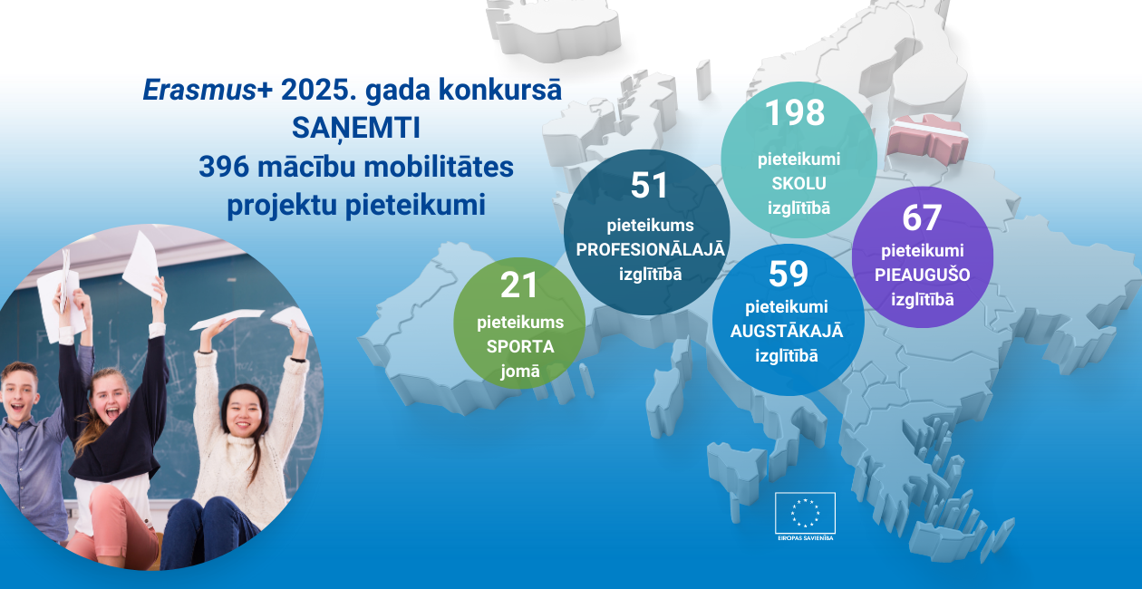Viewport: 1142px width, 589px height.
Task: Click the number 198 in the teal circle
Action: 795,112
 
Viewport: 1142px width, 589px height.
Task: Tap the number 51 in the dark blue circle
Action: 649,185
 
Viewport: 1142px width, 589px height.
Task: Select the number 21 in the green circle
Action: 519,285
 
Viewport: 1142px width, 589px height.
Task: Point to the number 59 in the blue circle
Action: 789,274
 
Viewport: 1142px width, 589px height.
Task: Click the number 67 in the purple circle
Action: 922,217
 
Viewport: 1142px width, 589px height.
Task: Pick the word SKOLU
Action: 798,183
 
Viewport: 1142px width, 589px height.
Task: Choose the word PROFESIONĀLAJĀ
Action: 650,249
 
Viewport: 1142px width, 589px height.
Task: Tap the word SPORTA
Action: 520,346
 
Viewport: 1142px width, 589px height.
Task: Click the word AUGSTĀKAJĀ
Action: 787,331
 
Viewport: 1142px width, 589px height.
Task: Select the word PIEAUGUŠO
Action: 923,275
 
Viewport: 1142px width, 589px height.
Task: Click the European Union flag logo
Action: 805,513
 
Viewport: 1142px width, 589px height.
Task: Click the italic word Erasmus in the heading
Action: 199,91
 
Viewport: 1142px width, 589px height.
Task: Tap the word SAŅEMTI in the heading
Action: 356,128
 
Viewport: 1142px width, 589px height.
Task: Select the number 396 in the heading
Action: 224,167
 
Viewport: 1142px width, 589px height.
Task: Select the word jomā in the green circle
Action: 519,371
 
